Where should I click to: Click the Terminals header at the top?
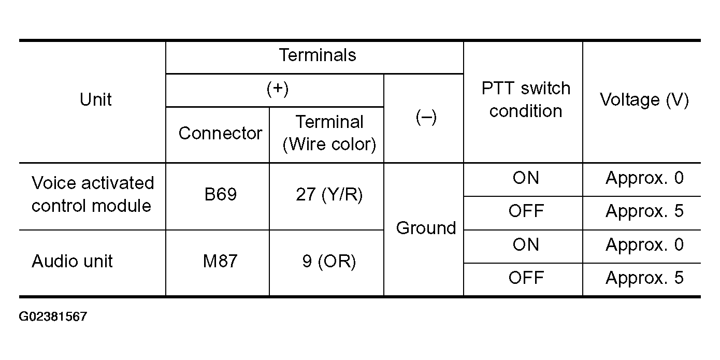pyautogui.click(x=318, y=55)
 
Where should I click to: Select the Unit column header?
pyautogui.click(x=95, y=99)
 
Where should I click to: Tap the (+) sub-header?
pyautogui.click(x=278, y=89)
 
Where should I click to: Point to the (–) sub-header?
pyautogui.click(x=426, y=117)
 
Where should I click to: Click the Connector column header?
pyautogui.click(x=220, y=133)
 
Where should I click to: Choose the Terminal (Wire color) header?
pyautogui.click(x=329, y=133)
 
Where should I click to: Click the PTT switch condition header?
pyautogui.click(x=526, y=99)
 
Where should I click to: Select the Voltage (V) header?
pyautogui.click(x=644, y=99)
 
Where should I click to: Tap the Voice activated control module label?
pyautogui.click(x=93, y=194)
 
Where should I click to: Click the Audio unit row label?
pyautogui.click(x=72, y=261)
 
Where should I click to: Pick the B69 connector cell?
pyautogui.click(x=220, y=194)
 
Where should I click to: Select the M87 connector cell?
pyautogui.click(x=220, y=261)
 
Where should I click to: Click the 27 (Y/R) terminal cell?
pyautogui.click(x=329, y=194)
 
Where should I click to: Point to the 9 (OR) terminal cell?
pyautogui.click(x=329, y=261)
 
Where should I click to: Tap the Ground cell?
pyautogui.click(x=426, y=228)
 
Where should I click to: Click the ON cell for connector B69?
pyautogui.click(x=526, y=178)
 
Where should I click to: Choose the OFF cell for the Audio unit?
pyautogui.click(x=526, y=278)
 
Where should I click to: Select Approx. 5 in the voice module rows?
pyautogui.click(x=644, y=211)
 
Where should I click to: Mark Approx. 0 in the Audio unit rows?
pyautogui.click(x=644, y=244)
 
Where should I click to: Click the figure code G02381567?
pyautogui.click(x=53, y=316)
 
